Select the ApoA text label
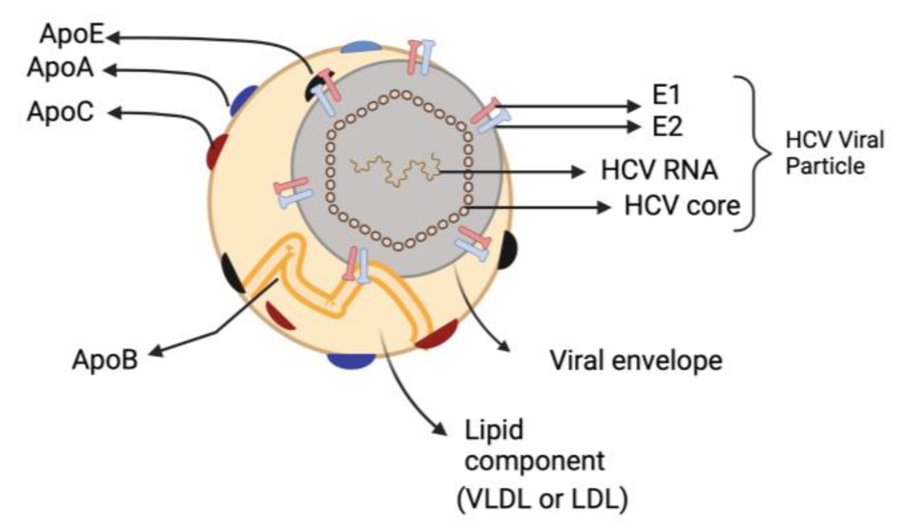pos(60,69)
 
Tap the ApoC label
pos(60,112)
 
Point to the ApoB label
pos(105,360)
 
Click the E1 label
pos(666,95)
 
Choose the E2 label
pos(667,127)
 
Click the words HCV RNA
pos(659,170)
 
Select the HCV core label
pos(682,206)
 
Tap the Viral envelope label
pos(636,361)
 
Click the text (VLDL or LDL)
pos(542,499)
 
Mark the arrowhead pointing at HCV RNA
pos(579,171)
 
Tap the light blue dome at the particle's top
pos(360,47)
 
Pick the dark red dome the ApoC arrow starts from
pos(217,152)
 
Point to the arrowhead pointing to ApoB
pos(156,352)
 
